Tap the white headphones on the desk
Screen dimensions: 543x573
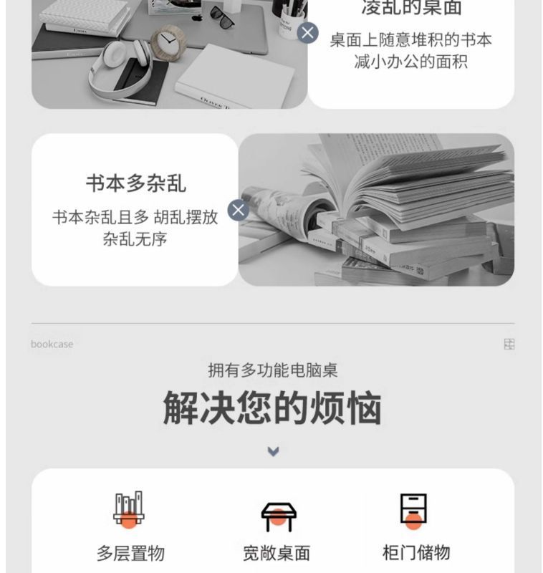click(120, 69)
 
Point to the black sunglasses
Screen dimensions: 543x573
click(222, 17)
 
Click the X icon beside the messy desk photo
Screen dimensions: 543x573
click(307, 33)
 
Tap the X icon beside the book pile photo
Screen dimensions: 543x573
click(239, 210)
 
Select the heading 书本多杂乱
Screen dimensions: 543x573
click(136, 183)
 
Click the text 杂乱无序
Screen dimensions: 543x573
click(135, 239)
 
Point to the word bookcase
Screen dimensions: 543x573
click(52, 345)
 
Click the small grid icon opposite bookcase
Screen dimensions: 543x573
click(509, 344)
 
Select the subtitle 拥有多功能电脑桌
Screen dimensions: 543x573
click(273, 370)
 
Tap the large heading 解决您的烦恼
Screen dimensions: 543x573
click(272, 408)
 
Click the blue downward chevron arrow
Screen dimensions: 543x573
click(274, 452)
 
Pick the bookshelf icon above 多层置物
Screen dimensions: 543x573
click(129, 509)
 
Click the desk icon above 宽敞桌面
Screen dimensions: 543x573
click(279, 516)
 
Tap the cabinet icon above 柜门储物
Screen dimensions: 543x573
click(413, 511)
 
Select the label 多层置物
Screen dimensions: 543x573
click(130, 553)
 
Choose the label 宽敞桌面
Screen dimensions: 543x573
click(277, 553)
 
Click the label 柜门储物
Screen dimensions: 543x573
click(416, 552)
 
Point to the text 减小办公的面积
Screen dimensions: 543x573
click(410, 62)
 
